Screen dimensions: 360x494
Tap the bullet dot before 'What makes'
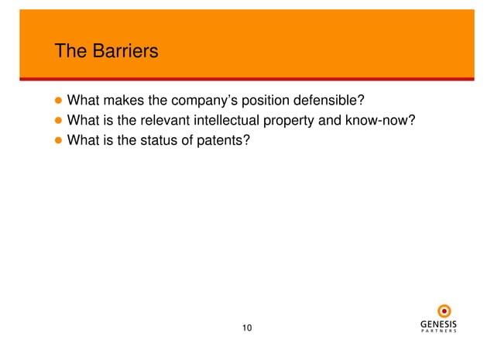(x=57, y=101)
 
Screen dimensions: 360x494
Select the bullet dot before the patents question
(x=57, y=140)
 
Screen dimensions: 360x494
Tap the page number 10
(x=247, y=328)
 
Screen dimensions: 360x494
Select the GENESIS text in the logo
(x=438, y=324)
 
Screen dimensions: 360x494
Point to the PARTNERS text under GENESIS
(x=438, y=332)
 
